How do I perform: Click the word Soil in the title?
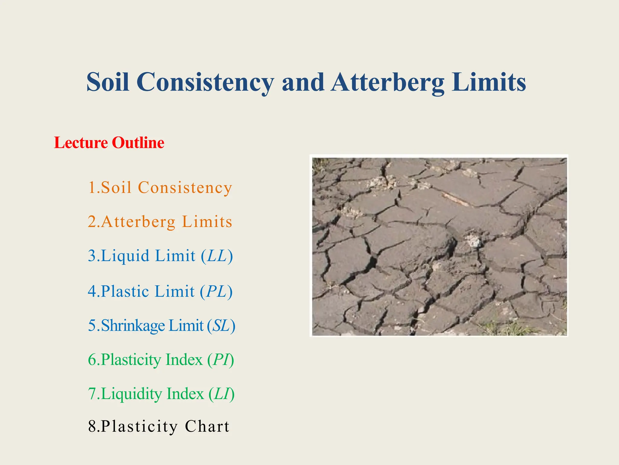108,82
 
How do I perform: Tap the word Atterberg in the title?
387,82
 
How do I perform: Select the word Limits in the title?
489,82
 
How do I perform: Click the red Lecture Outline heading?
109,143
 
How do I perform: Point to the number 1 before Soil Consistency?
92,187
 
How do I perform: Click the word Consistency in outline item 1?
185,188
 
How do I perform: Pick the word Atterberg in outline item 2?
138,222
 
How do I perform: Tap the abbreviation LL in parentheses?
217,256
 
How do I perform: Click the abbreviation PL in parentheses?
216,292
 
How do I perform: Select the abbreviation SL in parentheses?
221,326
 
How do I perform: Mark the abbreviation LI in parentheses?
222,394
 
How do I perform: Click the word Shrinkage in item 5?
133,326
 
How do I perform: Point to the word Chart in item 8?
207,427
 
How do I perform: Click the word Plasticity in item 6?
131,360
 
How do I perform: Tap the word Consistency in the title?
206,82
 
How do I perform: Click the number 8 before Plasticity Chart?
92,427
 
